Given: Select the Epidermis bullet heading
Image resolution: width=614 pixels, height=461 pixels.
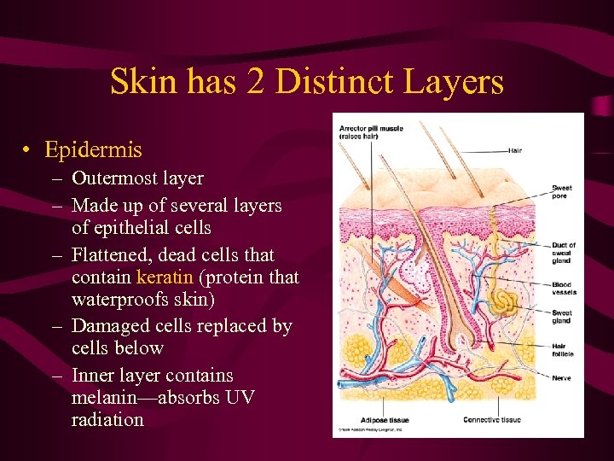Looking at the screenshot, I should click(94, 150).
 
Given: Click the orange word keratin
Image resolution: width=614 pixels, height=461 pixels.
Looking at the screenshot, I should click(163, 277).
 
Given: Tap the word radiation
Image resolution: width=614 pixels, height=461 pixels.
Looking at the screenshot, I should click(107, 420).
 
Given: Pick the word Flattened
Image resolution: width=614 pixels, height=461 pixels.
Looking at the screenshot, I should click(112, 255).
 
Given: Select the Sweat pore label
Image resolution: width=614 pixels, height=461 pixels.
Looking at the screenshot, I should click(561, 192).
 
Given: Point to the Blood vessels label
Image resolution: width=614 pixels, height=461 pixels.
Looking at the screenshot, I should click(564, 289).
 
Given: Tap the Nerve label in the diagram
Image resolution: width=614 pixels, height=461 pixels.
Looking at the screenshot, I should click(560, 377).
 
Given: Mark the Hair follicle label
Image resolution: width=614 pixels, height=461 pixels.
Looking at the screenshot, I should click(562, 350).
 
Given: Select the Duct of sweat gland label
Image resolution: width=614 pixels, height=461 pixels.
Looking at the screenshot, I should click(563, 253).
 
